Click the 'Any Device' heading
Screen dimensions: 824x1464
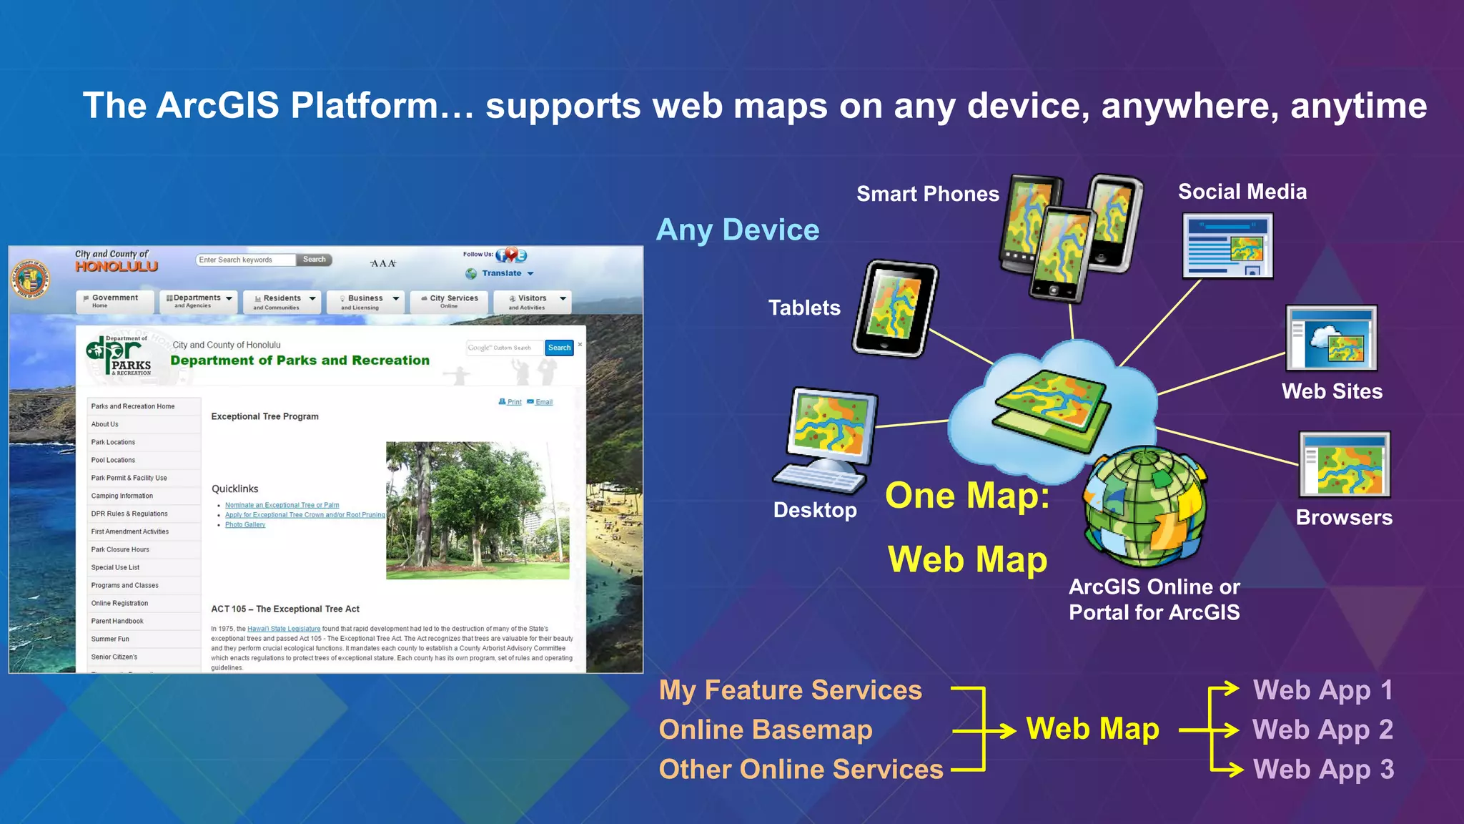[x=738, y=230]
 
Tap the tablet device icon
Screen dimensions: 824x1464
[x=895, y=308]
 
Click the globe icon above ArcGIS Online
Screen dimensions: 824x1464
[x=1145, y=506]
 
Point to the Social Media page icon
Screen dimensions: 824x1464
[x=1227, y=246]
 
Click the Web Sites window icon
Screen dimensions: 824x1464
[x=1331, y=338]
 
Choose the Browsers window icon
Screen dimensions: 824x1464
[x=1344, y=464]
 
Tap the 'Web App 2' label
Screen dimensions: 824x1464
[x=1322, y=730]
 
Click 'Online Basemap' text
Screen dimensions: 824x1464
[x=766, y=730]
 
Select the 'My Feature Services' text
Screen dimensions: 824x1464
[x=791, y=690]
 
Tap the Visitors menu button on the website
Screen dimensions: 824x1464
[x=532, y=301]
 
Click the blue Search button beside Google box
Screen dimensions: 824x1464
[x=559, y=348]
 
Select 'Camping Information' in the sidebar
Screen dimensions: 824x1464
[x=122, y=496]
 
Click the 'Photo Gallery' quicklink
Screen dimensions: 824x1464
[x=245, y=525]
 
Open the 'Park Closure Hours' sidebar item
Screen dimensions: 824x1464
[x=120, y=549]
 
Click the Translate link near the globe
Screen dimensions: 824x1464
[x=502, y=273]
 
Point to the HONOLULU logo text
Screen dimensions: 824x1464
[x=117, y=266]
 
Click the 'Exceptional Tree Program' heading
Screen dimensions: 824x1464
[x=264, y=416]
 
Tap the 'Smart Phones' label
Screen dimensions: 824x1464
[x=927, y=194]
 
